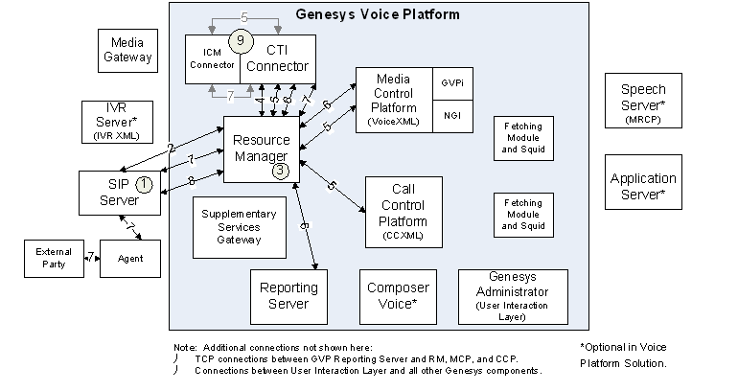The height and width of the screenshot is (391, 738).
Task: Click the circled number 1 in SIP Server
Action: coord(143,183)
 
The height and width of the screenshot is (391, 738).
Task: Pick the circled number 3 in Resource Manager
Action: coord(280,171)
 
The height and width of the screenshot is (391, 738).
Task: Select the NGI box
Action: coord(453,115)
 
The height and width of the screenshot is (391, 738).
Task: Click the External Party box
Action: coord(54,258)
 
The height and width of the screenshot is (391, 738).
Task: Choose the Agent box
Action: coord(131,259)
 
